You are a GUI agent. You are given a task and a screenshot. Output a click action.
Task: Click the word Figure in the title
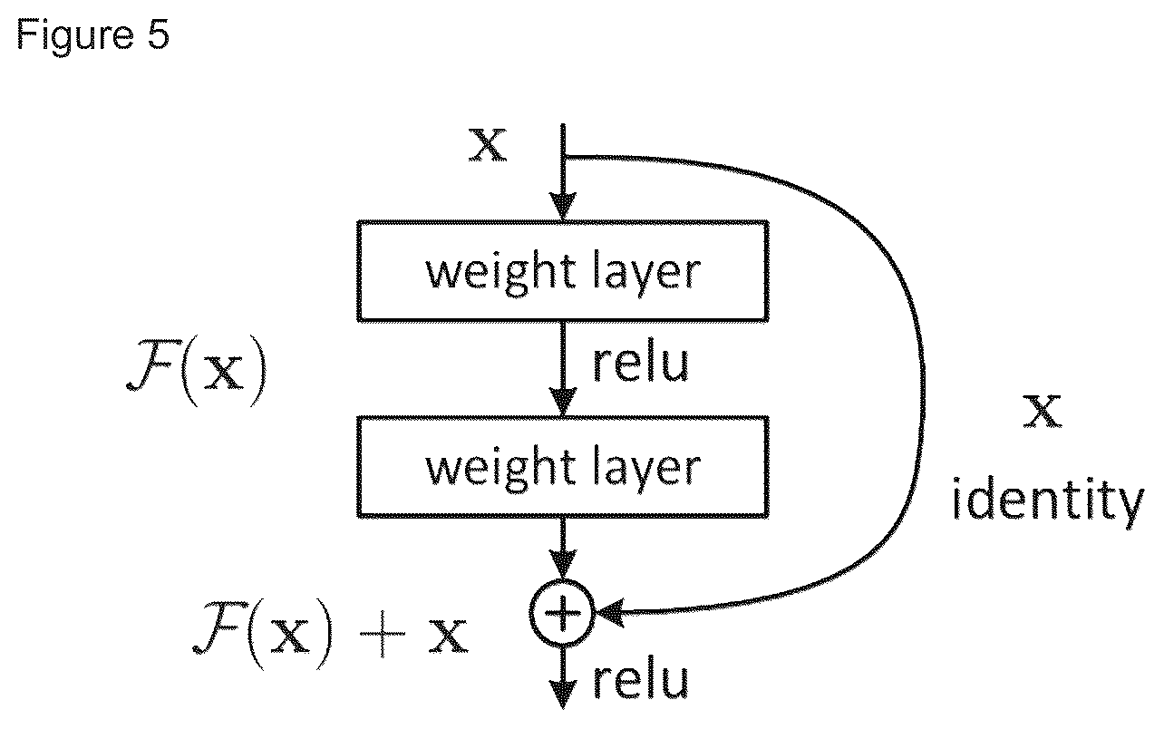tap(74, 35)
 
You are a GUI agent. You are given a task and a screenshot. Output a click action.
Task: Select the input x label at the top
tap(488, 144)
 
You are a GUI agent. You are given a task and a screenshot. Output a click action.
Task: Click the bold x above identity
tap(1043, 411)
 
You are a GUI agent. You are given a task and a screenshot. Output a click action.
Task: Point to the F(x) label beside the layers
tap(197, 370)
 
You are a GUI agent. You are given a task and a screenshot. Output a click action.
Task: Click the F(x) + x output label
tap(330, 634)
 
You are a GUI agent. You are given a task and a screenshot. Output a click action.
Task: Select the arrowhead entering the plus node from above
tap(563, 565)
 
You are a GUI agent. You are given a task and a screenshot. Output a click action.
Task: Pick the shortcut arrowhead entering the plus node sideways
tap(610, 613)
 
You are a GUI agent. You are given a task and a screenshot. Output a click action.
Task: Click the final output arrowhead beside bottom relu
tap(563, 695)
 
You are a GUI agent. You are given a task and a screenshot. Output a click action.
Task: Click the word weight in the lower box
tap(501, 468)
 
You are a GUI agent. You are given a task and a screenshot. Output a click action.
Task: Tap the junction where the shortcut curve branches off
tap(563, 156)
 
